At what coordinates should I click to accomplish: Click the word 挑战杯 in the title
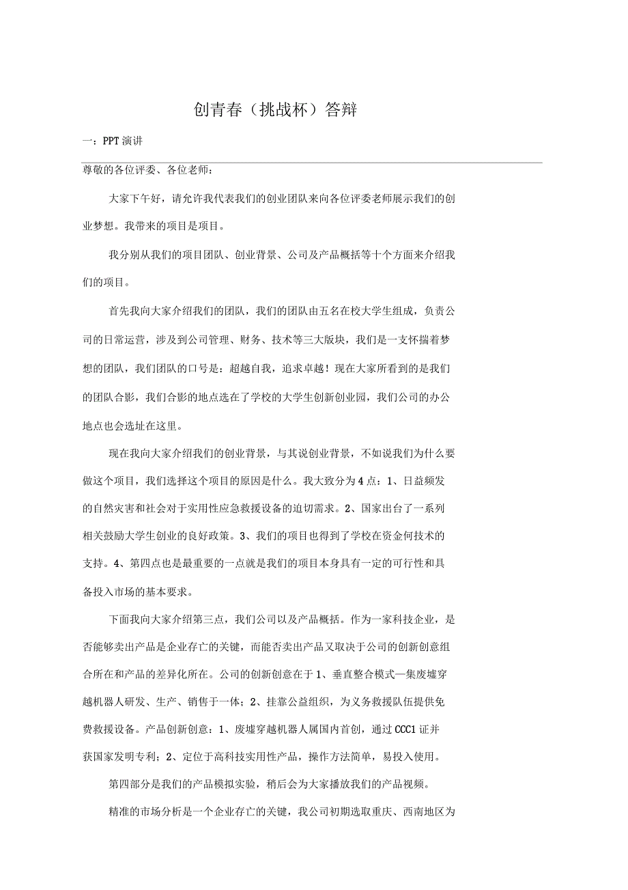coord(276,109)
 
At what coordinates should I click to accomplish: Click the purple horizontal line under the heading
coord(312,163)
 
